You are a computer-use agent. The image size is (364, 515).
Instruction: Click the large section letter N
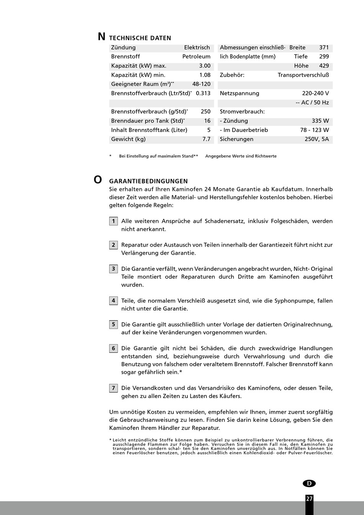102,37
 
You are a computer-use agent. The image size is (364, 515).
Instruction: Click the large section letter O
98,179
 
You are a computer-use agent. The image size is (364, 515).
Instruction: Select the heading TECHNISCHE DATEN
140,38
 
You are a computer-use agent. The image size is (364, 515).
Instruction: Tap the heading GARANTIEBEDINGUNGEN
149,181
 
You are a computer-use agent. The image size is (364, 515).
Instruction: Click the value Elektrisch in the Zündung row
197,48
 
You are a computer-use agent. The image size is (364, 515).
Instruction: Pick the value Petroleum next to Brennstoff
196,57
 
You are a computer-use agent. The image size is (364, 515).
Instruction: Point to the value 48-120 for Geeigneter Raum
201,84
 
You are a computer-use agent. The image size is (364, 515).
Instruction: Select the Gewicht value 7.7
206,139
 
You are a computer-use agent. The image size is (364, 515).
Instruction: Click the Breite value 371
324,48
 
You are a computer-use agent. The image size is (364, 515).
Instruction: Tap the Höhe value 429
324,66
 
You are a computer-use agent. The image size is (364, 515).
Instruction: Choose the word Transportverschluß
303,75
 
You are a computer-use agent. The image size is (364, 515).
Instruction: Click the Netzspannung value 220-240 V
315,93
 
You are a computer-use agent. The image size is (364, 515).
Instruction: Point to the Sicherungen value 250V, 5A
316,139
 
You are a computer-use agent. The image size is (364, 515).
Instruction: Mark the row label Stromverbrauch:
242,112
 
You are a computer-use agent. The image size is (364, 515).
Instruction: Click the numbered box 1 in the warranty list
113,221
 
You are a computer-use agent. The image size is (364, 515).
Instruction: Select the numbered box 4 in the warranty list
113,301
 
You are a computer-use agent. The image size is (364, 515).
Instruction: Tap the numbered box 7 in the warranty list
113,388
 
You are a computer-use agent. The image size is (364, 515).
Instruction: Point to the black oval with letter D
309,484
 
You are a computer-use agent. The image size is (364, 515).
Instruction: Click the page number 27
309,499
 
